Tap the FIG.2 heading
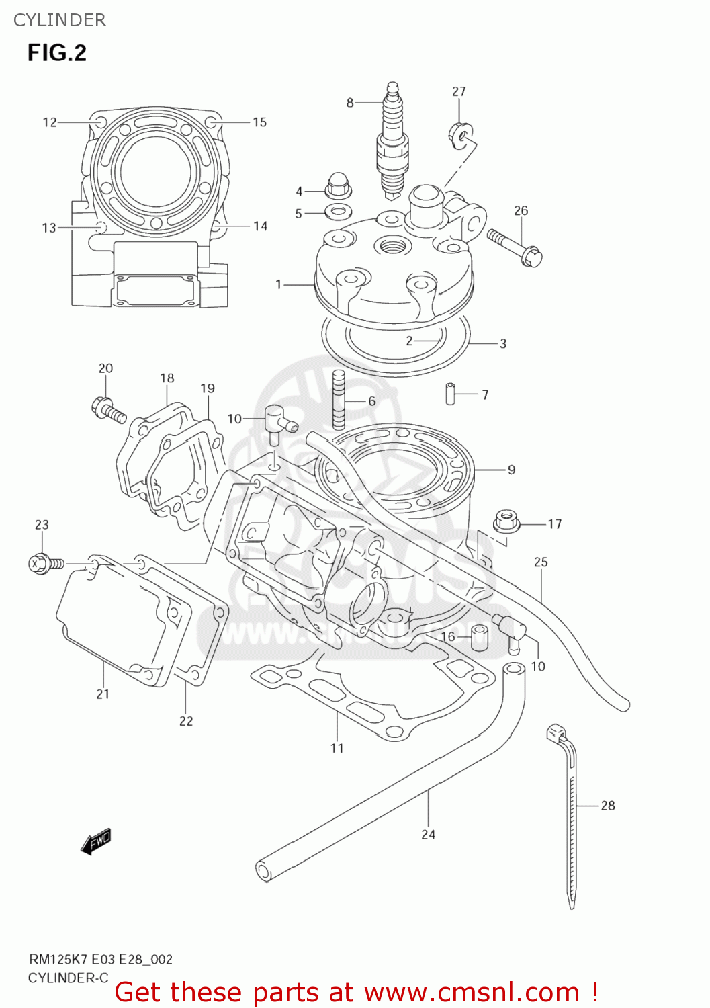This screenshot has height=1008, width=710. [57, 53]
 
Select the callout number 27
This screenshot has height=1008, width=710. [459, 91]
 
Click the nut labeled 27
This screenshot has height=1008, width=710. [460, 133]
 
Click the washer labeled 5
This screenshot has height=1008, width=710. [338, 212]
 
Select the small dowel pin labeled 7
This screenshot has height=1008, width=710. [450, 393]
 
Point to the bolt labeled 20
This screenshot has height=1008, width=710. [108, 409]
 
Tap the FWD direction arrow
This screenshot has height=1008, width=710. [96, 842]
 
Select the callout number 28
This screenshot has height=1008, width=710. [607, 805]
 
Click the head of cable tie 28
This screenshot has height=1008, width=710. [557, 732]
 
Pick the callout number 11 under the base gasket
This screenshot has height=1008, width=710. [337, 747]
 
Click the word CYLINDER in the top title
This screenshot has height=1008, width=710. [60, 20]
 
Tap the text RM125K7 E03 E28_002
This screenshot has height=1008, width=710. [100, 959]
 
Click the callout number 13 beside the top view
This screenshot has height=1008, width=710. [49, 228]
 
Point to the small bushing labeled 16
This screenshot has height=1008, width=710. [479, 637]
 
